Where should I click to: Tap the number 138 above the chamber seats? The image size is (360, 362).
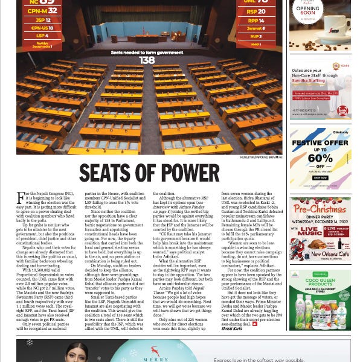(147, 60)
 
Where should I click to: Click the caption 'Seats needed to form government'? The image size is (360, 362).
(147, 52)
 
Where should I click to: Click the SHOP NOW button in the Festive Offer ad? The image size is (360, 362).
(320, 179)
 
